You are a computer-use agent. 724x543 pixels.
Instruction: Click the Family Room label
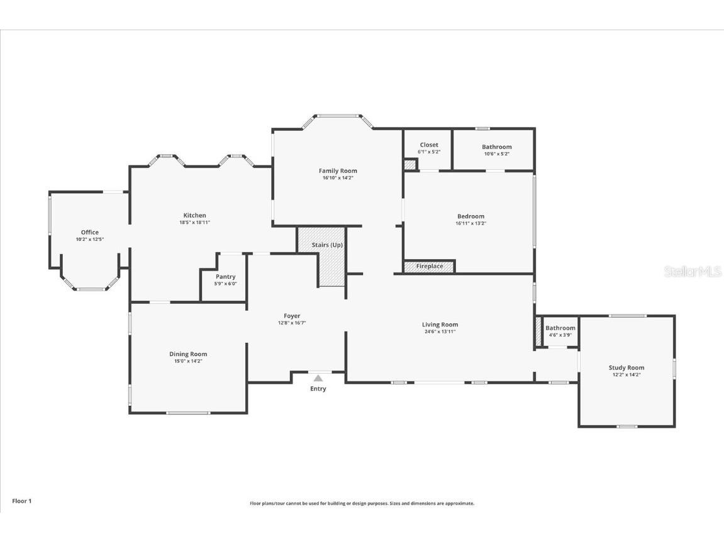coord(338,171)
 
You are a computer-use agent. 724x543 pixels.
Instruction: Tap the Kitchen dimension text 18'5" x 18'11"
coord(194,223)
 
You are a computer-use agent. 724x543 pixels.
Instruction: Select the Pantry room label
coord(225,277)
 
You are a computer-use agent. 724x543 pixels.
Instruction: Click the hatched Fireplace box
coord(429,266)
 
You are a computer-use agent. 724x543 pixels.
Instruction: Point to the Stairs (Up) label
coord(327,245)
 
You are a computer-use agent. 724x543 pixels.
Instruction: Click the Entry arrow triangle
coord(318,378)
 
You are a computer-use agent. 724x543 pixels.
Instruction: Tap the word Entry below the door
coord(318,389)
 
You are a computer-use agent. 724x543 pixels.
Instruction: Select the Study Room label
coord(626,367)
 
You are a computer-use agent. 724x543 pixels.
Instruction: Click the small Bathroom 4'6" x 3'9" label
coord(560,328)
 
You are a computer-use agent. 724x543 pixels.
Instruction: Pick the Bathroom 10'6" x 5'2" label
coord(496,147)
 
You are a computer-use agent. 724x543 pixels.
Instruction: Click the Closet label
coord(429,145)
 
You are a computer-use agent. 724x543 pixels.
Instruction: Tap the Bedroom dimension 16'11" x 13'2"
coord(471,223)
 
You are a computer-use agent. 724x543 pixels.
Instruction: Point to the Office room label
coord(90,232)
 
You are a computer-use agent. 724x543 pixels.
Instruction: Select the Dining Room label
coord(188,354)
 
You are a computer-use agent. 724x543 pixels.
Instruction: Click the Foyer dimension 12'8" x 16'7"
coord(292,323)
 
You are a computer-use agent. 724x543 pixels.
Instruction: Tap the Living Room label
coord(440,325)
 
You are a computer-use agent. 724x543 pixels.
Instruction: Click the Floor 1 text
coord(21,501)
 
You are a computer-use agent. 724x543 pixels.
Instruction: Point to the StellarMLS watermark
coord(693,271)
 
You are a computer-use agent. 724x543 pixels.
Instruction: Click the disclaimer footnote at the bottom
coord(362,503)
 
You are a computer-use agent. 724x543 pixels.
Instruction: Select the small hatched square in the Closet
coord(409,165)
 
